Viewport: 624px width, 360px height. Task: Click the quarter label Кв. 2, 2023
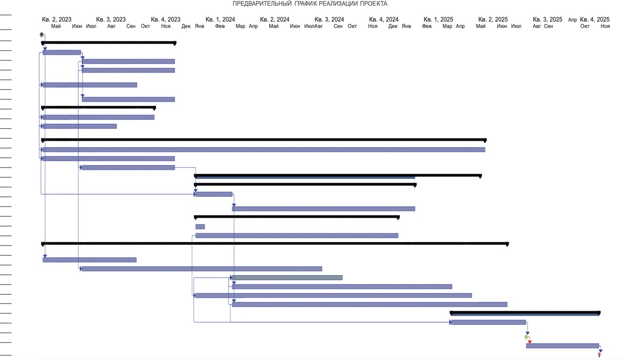click(57, 19)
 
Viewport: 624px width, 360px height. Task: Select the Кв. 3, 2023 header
click(111, 19)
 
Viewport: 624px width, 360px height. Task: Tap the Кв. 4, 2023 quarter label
click(166, 19)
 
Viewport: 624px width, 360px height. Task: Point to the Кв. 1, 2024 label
click(220, 19)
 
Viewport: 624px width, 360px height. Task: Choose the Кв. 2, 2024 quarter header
click(274, 19)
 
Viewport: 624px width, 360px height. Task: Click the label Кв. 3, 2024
click(329, 19)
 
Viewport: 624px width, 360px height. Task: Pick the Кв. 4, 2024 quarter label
click(384, 19)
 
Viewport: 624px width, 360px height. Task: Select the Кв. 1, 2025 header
click(438, 19)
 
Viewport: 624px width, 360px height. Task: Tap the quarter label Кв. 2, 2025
click(493, 19)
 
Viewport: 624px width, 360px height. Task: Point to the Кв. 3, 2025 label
click(547, 19)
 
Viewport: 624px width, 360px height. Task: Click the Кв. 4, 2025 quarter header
click(595, 19)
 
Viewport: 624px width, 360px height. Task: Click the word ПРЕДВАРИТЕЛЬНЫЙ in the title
click(262, 3)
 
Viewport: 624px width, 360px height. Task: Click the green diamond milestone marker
click(526, 337)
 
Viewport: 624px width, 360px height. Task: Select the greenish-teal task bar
click(287, 278)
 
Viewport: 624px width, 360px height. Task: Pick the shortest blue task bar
click(200, 227)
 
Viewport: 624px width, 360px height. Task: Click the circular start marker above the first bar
click(42, 35)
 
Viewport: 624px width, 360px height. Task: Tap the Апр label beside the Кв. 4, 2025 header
click(572, 20)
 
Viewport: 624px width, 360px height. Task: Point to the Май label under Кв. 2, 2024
click(273, 26)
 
